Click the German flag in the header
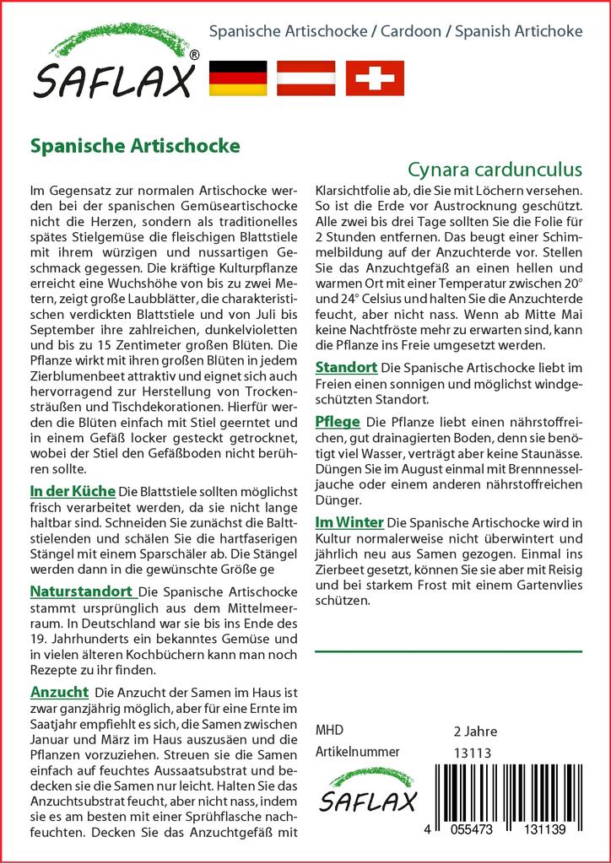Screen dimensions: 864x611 [237, 78]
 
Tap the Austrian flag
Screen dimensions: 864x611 [305, 78]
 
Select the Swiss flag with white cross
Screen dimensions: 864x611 [375, 78]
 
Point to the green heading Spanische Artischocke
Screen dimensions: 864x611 [135, 145]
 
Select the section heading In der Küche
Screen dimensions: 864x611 [73, 490]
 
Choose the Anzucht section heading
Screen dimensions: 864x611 [59, 692]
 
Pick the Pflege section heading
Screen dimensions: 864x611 [338, 421]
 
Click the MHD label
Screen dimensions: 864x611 [329, 730]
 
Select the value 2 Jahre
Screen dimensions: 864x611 [475, 731]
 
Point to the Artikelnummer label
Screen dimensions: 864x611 [357, 752]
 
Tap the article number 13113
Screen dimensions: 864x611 [472, 753]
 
